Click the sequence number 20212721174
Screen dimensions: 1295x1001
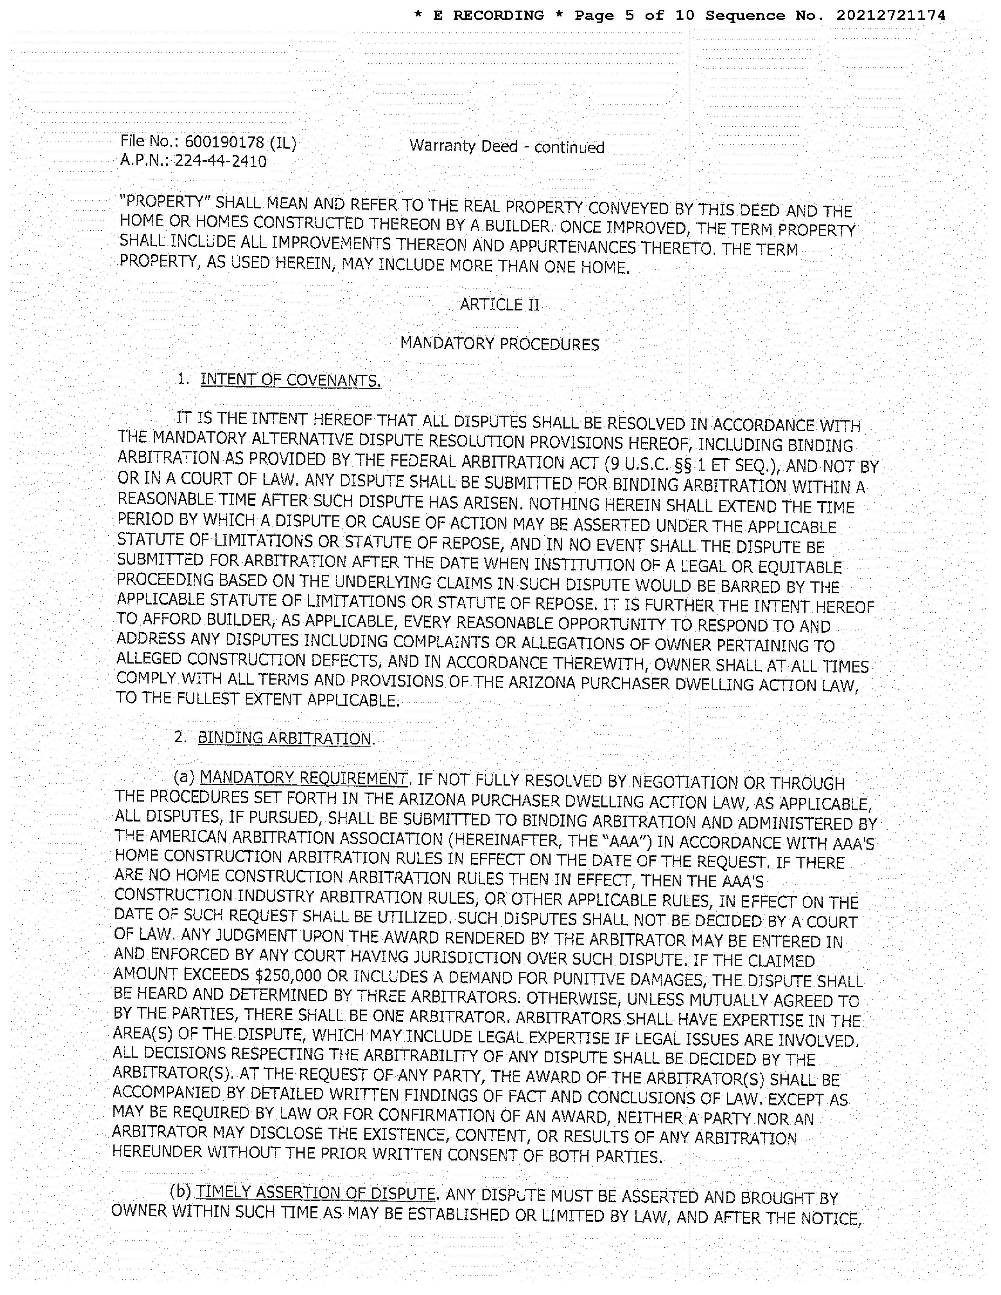(x=891, y=16)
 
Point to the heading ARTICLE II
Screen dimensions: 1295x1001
(x=499, y=305)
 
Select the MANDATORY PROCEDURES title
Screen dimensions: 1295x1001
(x=499, y=344)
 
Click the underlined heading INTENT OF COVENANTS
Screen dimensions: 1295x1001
(x=291, y=380)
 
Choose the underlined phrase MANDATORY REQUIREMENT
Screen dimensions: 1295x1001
(x=303, y=778)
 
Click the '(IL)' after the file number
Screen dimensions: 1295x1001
(x=282, y=143)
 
